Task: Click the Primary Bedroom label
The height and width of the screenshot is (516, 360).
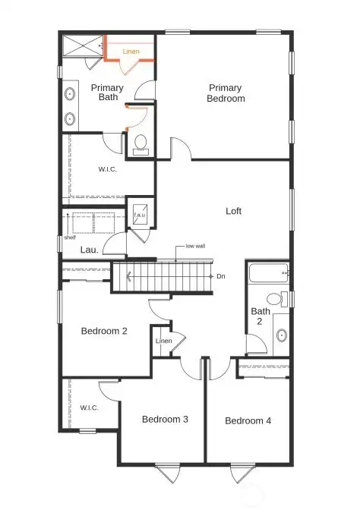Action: pos(226,93)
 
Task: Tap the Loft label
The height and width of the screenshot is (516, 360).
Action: pos(234,211)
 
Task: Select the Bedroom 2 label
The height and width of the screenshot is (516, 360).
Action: pos(104,330)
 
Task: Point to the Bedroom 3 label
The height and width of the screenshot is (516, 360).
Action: pos(165,419)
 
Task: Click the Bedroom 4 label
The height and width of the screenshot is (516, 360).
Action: pos(247,420)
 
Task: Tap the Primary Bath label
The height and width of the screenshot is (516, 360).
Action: pos(107,93)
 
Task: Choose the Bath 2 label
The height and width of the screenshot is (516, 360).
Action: pos(261,316)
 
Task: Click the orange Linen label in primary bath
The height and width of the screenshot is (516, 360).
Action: pos(131,52)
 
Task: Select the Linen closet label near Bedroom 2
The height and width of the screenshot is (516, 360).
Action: pos(163,341)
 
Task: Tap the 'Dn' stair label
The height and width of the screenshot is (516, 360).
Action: pos(221,276)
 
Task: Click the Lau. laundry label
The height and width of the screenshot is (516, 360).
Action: pos(89,249)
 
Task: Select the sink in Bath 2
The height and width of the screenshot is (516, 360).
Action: pos(281,333)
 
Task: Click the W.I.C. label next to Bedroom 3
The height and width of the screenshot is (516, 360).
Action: pos(90,407)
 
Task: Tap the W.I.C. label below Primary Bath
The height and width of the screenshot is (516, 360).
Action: pos(107,169)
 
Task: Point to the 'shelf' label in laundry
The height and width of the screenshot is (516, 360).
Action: pos(70,236)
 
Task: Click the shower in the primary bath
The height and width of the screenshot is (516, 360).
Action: pos(81,46)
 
